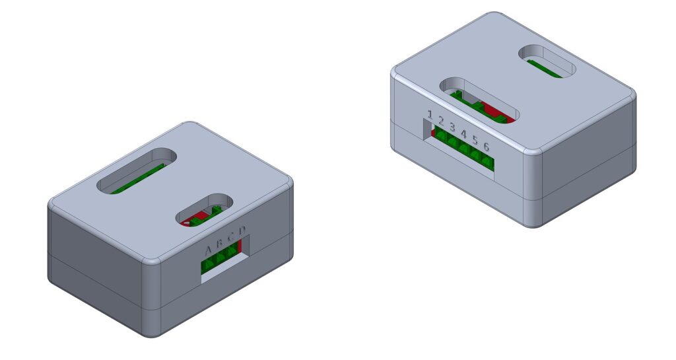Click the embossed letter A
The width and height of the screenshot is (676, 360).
click(x=209, y=250)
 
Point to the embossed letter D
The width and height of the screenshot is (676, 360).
click(x=242, y=231)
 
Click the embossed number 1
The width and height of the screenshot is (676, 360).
click(x=430, y=114)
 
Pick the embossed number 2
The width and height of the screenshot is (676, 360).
click(x=440, y=120)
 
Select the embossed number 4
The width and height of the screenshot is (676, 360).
click(x=464, y=133)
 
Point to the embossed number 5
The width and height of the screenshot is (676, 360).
click(x=475, y=139)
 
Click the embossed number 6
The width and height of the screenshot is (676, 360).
click(x=487, y=147)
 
